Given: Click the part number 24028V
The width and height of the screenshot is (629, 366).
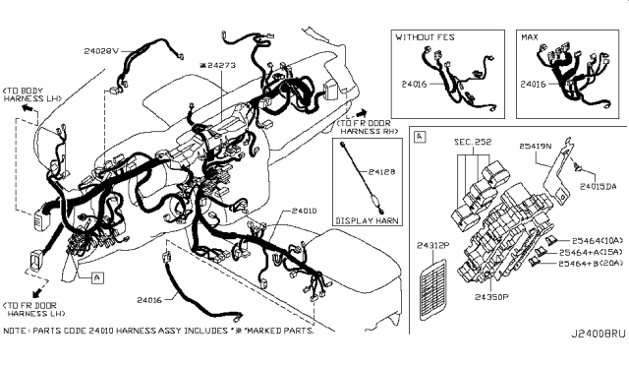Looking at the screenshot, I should click(101, 49).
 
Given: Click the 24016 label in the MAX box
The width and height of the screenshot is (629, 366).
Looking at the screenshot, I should click(534, 85).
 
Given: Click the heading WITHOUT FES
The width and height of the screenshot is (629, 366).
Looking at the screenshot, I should click(427, 36).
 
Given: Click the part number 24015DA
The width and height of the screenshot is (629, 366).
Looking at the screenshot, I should click(599, 186).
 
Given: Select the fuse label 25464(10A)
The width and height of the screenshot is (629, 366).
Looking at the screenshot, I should click(591, 239).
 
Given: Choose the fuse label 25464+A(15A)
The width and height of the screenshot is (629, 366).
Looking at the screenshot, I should click(592, 252).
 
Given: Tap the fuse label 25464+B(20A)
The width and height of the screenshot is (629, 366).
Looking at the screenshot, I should click(592, 265).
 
